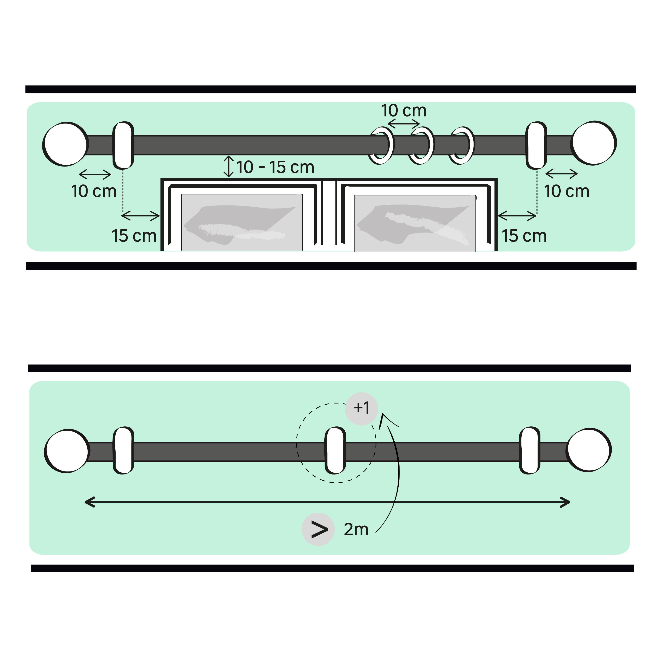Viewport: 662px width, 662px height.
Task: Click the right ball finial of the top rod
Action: [594, 143]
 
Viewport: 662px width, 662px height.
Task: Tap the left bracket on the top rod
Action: [123, 145]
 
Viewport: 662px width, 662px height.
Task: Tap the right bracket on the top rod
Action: [536, 145]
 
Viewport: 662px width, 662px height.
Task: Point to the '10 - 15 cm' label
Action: [275, 167]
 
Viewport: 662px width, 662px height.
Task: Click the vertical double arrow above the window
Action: [229, 167]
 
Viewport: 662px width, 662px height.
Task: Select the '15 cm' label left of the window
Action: [134, 236]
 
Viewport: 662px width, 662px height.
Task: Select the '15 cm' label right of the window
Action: [524, 236]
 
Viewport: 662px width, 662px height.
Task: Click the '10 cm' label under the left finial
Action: [94, 191]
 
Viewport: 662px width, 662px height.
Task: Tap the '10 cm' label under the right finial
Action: [567, 191]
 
